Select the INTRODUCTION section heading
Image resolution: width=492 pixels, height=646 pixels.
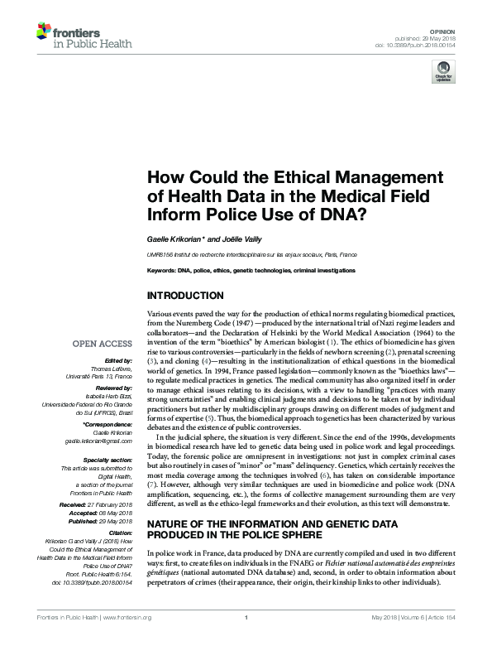click(x=184, y=296)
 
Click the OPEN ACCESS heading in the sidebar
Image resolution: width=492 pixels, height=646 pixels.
click(x=103, y=343)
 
